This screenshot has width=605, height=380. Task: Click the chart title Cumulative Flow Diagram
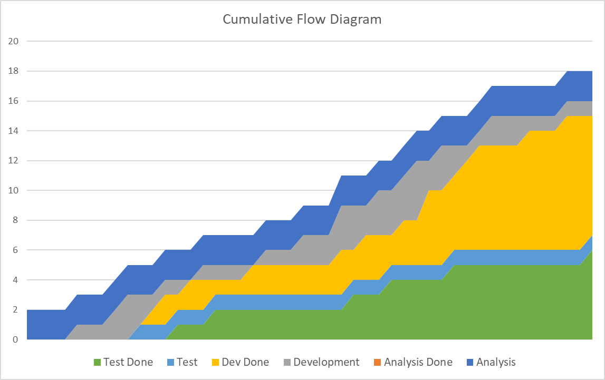coord(302,20)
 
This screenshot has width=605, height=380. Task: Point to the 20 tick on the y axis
coord(14,41)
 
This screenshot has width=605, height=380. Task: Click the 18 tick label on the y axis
coord(14,71)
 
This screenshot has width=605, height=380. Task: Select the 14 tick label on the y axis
coord(14,131)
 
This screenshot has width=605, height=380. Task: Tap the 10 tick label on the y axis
coord(14,190)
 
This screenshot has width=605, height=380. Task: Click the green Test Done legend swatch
coord(97,362)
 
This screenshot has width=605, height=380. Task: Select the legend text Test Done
coord(128,362)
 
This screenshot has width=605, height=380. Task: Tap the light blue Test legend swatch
coord(170,362)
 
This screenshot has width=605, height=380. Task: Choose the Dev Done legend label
coord(245,362)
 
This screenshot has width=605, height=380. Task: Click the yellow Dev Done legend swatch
coord(215,362)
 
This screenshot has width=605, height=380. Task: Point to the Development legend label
coord(326,362)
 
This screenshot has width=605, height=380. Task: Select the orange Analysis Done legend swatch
coord(377,362)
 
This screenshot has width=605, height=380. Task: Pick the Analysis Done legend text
coord(418,362)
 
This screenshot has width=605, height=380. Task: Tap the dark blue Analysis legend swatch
coord(469,362)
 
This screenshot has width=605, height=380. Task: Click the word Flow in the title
coord(315,20)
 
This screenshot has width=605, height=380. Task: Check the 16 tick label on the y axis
coord(14,101)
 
